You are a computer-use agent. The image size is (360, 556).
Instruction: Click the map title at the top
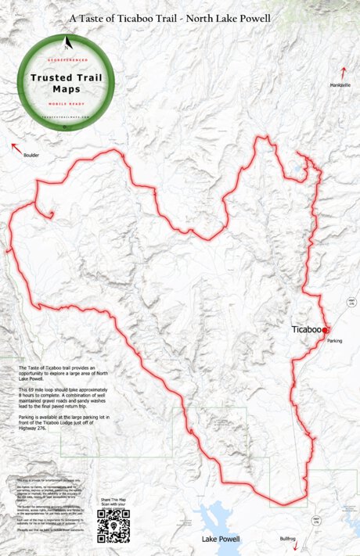tap(179, 16)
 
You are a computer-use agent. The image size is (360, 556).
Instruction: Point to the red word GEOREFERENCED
tap(66, 59)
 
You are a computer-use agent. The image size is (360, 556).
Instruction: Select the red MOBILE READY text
tap(66, 103)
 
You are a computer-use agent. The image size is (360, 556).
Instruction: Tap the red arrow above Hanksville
tap(343, 72)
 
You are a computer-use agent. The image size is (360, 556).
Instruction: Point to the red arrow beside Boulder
tap(15, 145)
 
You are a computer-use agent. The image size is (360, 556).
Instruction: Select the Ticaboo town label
tap(306, 330)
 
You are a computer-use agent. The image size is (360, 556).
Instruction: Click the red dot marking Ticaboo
tap(325, 330)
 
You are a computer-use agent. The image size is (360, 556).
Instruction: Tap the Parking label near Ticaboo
tap(335, 341)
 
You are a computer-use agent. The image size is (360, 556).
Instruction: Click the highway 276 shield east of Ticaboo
tap(351, 303)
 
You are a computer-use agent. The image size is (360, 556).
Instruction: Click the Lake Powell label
tap(222, 540)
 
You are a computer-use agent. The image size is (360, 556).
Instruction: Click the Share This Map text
tap(112, 498)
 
